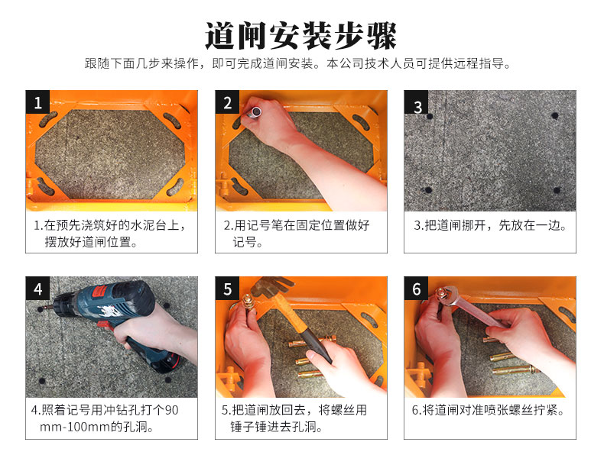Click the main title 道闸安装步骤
(300, 36)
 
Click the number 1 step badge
(37, 102)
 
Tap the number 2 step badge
(227, 102)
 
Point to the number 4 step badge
(37, 288)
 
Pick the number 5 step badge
(227, 288)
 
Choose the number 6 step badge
(417, 288)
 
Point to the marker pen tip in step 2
(255, 112)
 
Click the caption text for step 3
(490, 225)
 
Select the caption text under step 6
(488, 410)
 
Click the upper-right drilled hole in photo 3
(555, 115)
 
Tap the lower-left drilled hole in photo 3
(427, 190)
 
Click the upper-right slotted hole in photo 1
(172, 120)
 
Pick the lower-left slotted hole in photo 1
(45, 186)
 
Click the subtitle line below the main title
(297, 63)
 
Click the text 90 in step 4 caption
(171, 410)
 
